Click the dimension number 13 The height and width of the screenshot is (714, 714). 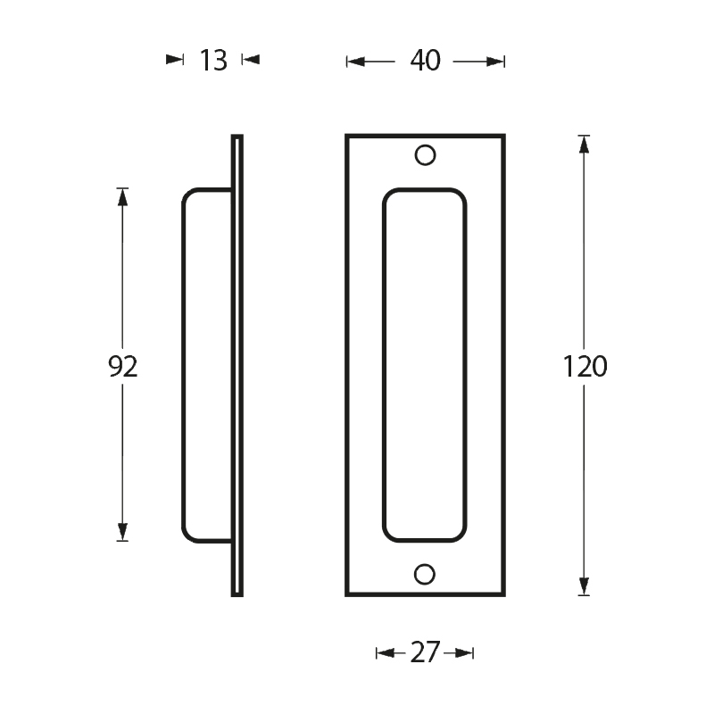(x=213, y=60)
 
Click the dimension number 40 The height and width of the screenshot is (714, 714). (x=426, y=61)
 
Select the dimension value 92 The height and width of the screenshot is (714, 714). (x=122, y=367)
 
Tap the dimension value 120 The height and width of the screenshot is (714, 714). (x=585, y=367)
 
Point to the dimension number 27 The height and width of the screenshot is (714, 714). (x=426, y=652)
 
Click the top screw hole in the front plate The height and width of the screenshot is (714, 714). (x=426, y=155)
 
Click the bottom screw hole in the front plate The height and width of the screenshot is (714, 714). (x=425, y=574)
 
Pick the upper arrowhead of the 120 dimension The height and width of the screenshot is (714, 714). (x=584, y=145)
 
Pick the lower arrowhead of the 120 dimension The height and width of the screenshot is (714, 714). (x=584, y=586)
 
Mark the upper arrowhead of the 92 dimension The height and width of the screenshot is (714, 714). (x=122, y=197)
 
